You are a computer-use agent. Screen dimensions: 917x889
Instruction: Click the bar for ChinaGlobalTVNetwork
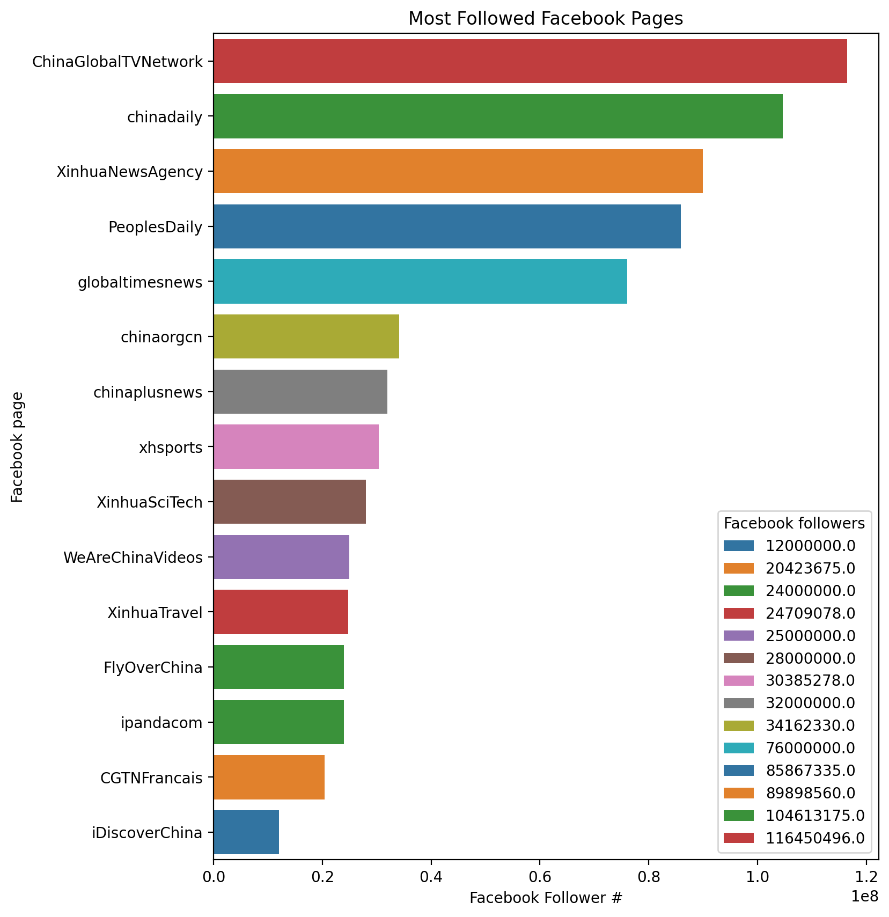coord(530,61)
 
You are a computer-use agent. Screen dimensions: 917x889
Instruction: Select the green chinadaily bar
coord(498,116)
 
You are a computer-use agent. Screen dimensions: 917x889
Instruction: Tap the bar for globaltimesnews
coord(420,282)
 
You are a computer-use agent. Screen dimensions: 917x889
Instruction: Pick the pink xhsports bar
coord(296,446)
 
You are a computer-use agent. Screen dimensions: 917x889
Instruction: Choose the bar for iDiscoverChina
coord(246,832)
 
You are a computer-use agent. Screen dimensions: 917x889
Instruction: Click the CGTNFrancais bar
coord(269,777)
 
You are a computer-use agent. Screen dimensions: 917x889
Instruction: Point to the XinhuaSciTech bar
coord(290,502)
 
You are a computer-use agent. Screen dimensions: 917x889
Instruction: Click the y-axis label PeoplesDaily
coord(156,227)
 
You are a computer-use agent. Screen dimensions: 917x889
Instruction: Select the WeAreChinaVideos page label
coord(133,557)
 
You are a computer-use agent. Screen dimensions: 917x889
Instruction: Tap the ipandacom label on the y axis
coord(162,723)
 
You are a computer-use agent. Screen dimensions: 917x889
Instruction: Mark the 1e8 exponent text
coord(864,896)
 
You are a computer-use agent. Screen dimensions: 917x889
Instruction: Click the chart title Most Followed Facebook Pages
coord(546,19)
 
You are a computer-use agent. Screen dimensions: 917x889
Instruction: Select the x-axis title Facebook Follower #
coord(546,898)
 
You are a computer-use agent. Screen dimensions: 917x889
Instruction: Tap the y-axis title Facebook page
coord(18,447)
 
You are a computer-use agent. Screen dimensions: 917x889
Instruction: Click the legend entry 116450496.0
coord(815,838)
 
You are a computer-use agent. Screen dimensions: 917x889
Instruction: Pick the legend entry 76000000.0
coord(810,747)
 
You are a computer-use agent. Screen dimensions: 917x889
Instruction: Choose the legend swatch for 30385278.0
coord(739,680)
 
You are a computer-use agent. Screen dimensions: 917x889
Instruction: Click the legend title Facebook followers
coord(794,523)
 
